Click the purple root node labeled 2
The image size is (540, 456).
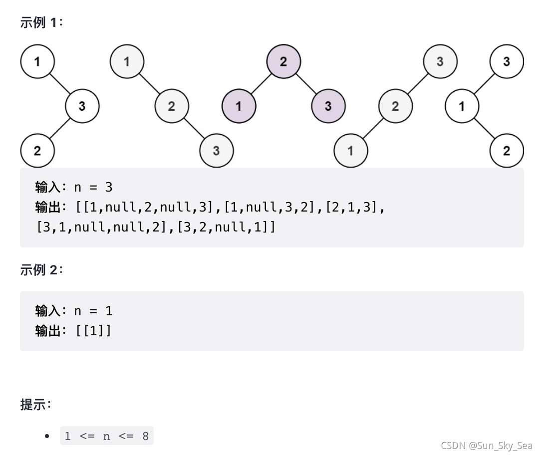pos(283,62)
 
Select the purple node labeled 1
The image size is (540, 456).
pos(239,106)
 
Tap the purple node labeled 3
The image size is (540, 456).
pos(328,106)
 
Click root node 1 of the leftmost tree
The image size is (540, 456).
pos(37,62)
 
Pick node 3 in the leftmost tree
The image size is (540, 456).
pos(82,106)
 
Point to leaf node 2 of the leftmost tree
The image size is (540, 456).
pos(37,151)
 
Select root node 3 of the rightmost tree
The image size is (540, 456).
pos(507,62)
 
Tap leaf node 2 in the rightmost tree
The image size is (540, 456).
pos(507,151)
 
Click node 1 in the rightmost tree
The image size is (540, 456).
pos(462,106)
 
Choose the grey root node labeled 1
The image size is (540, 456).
pos(127,62)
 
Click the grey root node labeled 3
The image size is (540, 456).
pos(440,62)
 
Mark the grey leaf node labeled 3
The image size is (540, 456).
pos(216,151)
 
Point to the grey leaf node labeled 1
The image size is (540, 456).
pos(350,151)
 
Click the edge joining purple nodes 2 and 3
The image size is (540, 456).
pos(306,84)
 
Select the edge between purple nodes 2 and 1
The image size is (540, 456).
pos(261,84)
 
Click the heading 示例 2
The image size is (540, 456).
pos(42,270)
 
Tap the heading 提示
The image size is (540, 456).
pos(35,405)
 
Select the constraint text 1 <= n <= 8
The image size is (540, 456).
pos(107,436)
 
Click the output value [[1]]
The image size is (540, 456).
pos(93,330)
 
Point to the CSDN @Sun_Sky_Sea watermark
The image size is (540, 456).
pos(487,446)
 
